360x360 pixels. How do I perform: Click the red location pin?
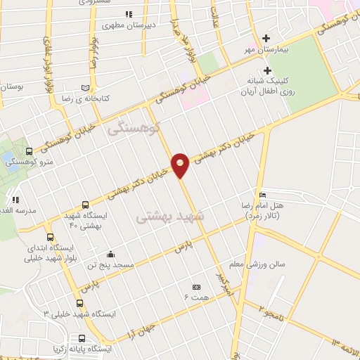click(x=181, y=165)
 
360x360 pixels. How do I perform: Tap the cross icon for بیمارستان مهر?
click(x=266, y=38)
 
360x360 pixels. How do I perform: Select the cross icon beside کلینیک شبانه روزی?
click(x=267, y=70)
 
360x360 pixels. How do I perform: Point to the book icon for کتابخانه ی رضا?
click(x=85, y=88)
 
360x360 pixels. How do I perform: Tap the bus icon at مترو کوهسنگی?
click(x=29, y=150)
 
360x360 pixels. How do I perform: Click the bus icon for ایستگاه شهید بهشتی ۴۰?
click(x=85, y=205)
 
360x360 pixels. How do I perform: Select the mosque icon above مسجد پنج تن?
click(x=110, y=254)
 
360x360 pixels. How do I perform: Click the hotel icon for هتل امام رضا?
click(x=262, y=195)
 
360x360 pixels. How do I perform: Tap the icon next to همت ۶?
click(x=196, y=287)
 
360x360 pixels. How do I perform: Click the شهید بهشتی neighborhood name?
click(x=169, y=219)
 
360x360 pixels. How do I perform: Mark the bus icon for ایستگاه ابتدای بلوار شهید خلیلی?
click(x=49, y=237)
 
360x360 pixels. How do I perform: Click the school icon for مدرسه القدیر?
click(x=16, y=200)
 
